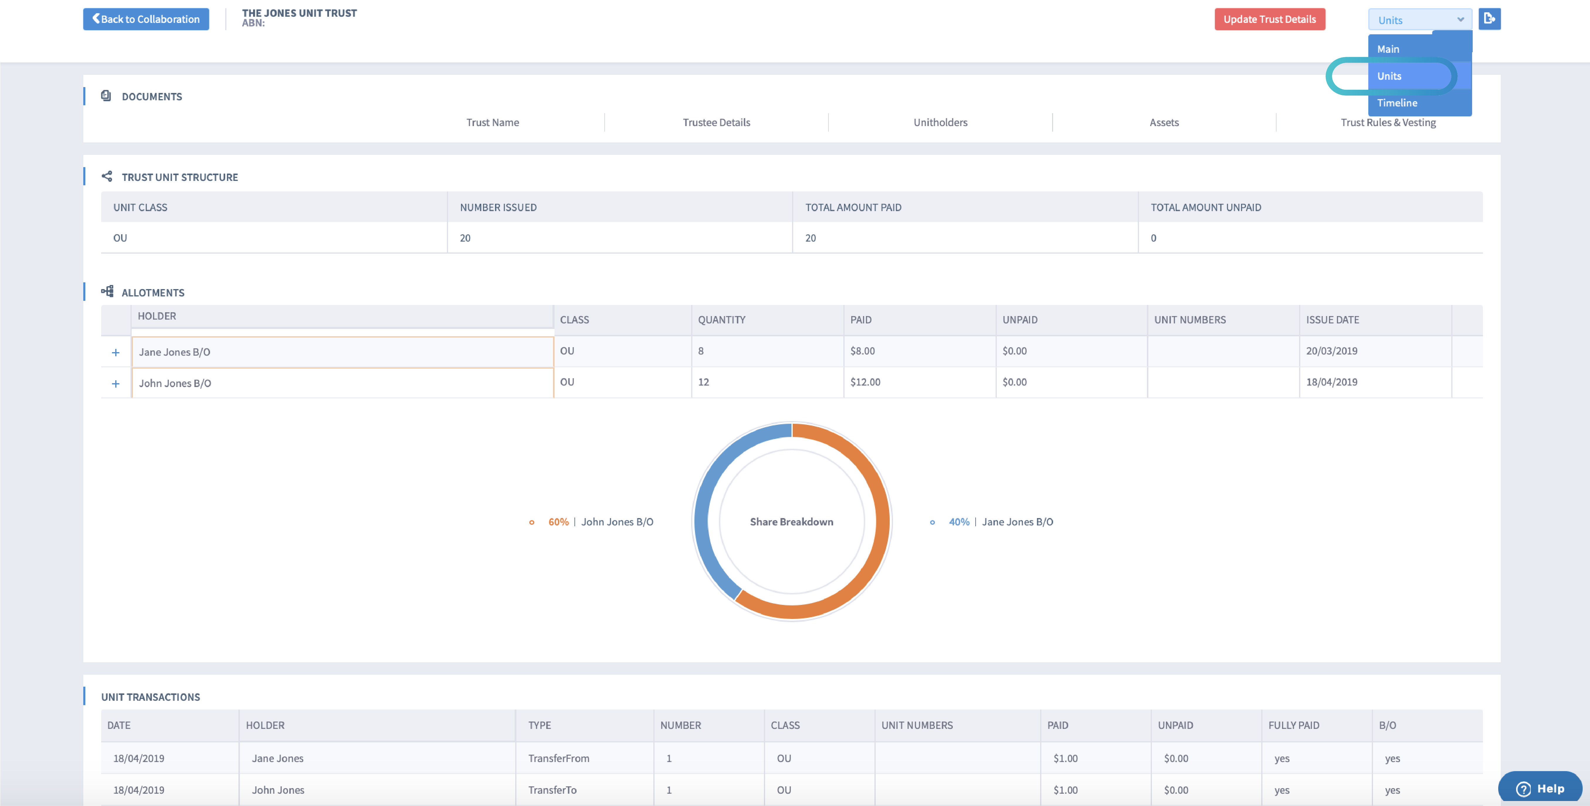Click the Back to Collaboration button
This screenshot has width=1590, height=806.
pos(146,19)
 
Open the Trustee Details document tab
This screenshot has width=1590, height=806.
pos(716,122)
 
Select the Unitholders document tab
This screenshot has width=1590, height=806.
pos(940,122)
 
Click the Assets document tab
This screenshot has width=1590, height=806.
pos(1164,122)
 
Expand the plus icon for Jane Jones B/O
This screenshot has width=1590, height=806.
pos(116,352)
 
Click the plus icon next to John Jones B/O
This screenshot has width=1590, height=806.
pos(116,383)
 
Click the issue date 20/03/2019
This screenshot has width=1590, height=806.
pos(1331,351)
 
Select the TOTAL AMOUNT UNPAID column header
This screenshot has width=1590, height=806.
pos(1206,207)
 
